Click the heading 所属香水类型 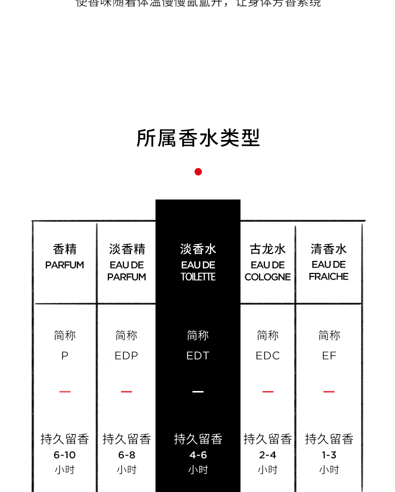point(198,138)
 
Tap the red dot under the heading point(198,171)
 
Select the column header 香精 point(64,249)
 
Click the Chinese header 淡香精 point(127,249)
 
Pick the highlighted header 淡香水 point(198,249)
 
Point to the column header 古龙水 point(267,249)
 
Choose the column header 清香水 point(328,249)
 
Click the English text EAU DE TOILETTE point(198,270)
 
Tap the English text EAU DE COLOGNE point(267,270)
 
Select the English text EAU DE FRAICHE point(328,270)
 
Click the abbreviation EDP point(126,355)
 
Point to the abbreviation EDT point(198,355)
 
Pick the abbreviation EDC point(267,355)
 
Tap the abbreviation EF point(329,355)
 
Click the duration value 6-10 point(64,455)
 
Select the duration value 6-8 point(126,455)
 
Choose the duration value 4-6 point(198,455)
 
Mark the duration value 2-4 point(267,455)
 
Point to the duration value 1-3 point(329,455)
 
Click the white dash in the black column point(198,391)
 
